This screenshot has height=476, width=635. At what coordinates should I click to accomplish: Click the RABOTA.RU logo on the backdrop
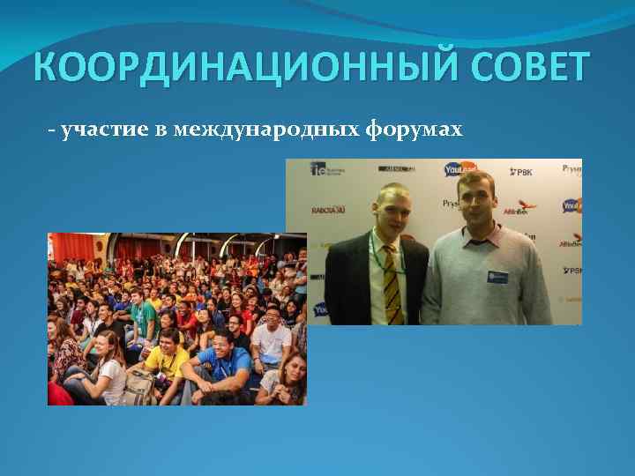328,211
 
